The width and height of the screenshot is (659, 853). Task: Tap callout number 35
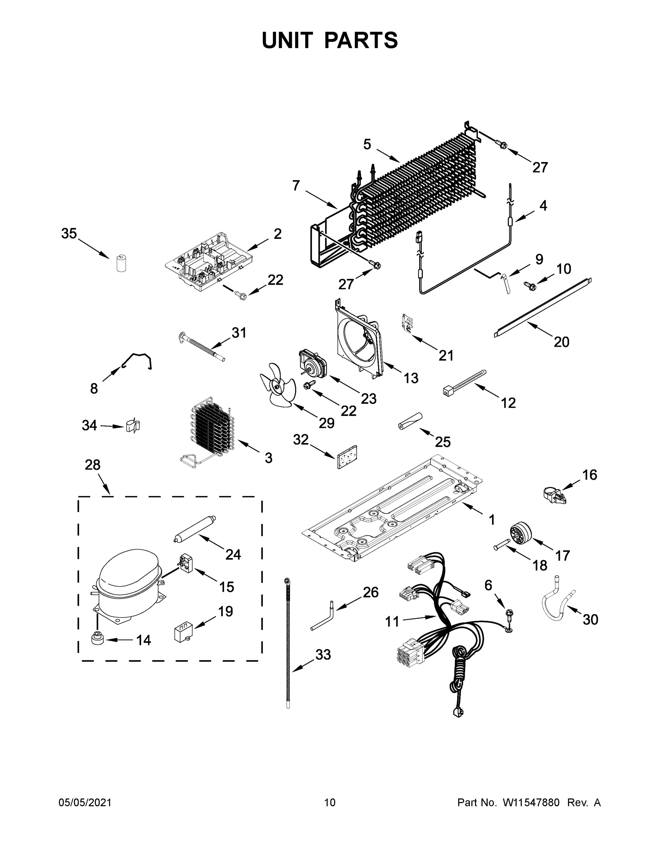(69, 234)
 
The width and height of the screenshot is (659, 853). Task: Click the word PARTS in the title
(361, 40)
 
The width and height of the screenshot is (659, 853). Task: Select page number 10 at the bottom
(330, 802)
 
